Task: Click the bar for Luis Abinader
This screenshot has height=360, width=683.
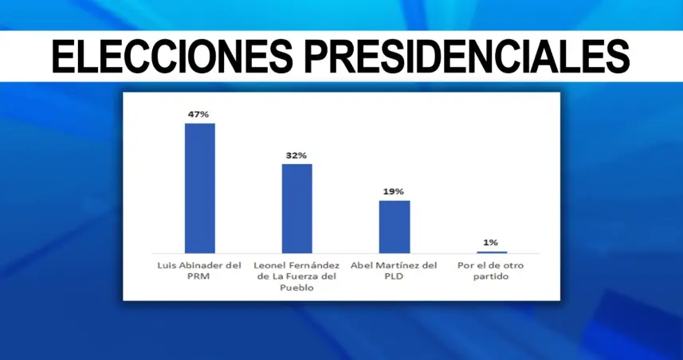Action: [199, 188]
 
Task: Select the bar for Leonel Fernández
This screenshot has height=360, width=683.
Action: [296, 208]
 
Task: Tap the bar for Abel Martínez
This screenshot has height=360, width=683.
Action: [394, 226]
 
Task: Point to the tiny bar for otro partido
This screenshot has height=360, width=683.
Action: [491, 252]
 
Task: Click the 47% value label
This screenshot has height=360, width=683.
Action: [198, 115]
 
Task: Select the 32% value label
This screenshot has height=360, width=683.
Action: [296, 155]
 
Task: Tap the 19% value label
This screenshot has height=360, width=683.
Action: [394, 192]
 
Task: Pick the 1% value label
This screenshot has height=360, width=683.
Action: [491, 242]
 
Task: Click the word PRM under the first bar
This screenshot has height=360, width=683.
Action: [199, 276]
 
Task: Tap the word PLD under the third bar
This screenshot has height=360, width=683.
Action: [394, 276]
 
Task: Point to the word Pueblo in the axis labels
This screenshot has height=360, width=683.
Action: [296, 288]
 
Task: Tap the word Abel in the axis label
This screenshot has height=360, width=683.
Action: [364, 264]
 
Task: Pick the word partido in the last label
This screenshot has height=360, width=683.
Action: [491, 276]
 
